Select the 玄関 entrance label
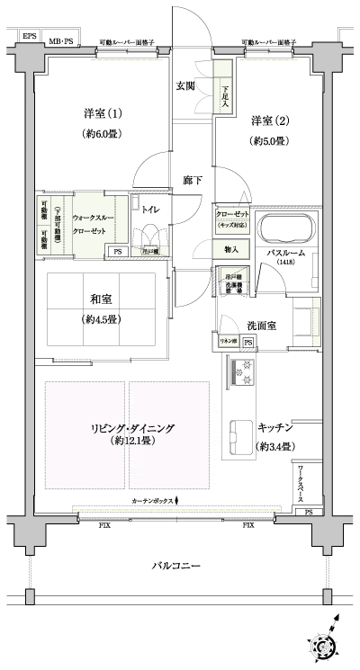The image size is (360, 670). click(x=185, y=86)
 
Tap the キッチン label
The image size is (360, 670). click(x=274, y=428)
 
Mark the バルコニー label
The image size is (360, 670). click(x=175, y=566)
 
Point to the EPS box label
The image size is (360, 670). click(x=30, y=36)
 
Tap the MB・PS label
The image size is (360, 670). click(x=61, y=41)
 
